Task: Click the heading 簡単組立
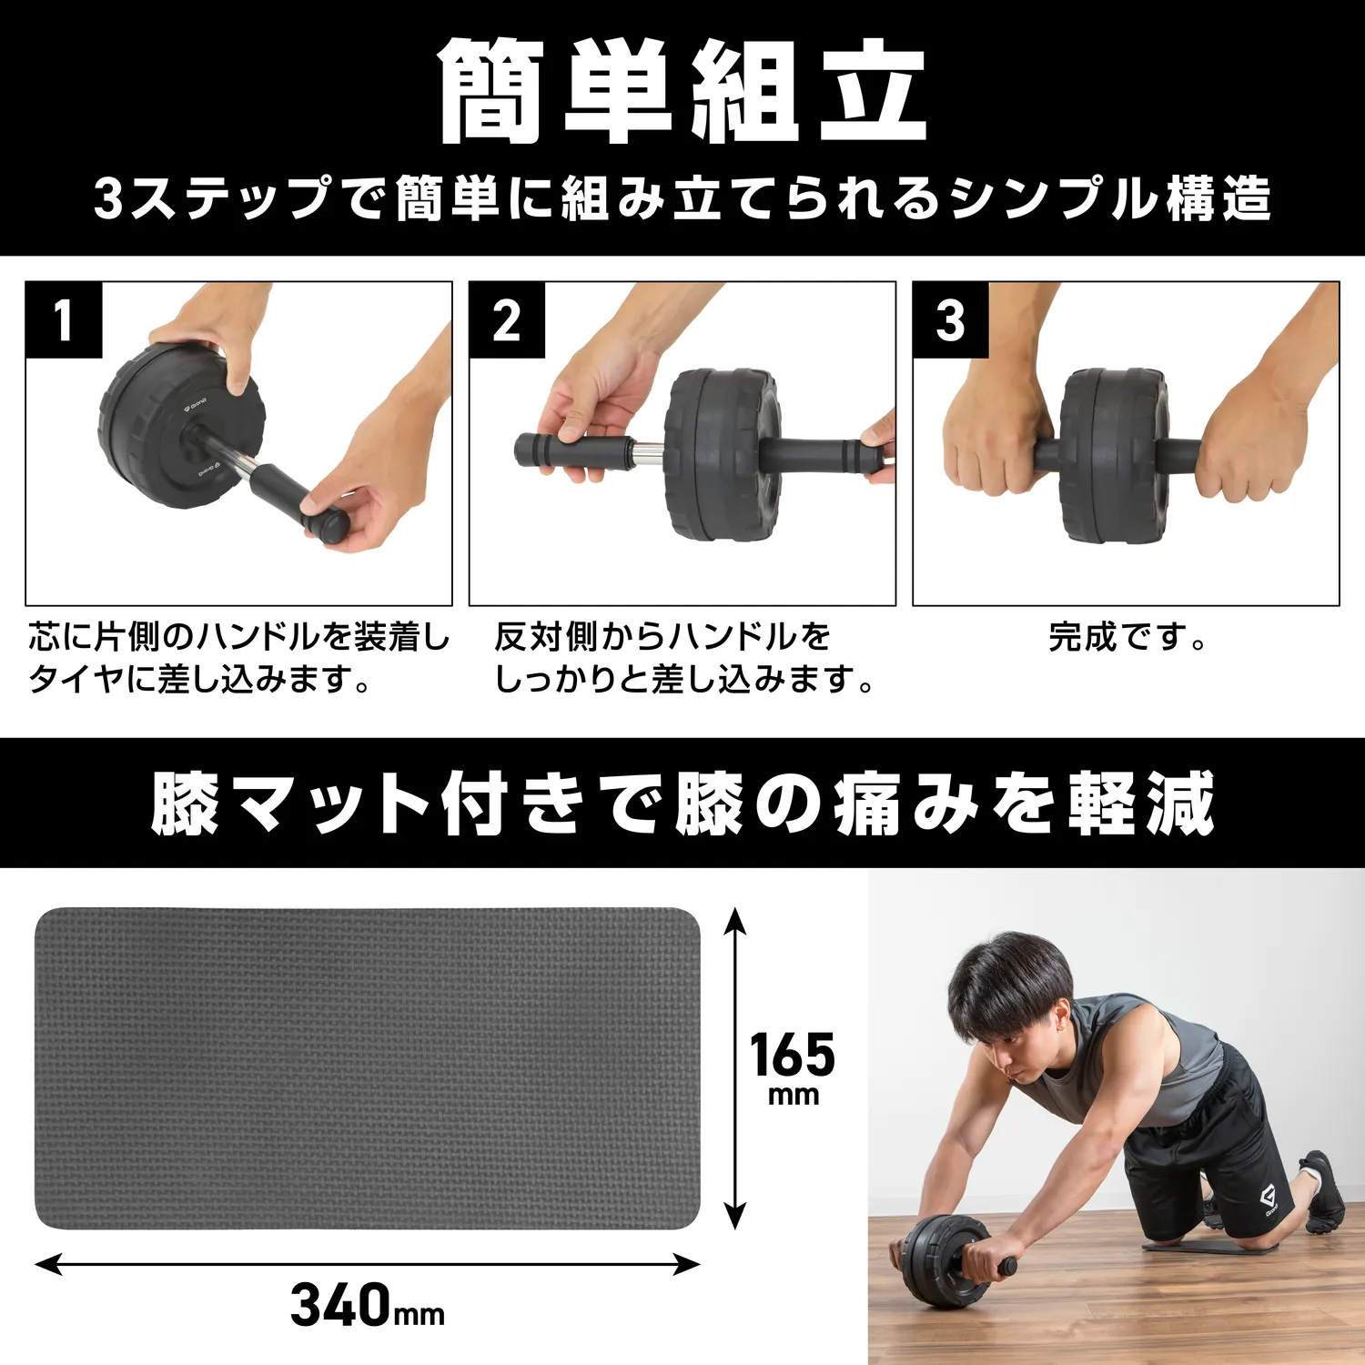[682, 91]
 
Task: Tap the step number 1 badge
[64, 320]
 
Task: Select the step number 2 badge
[507, 320]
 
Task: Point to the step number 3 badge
[951, 320]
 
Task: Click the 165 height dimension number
[793, 1056]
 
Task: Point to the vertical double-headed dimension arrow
[734, 1069]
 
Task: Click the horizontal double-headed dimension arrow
[368, 1264]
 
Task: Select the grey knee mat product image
[368, 1068]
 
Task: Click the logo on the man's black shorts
[1269, 1202]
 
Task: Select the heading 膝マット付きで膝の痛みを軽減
[682, 803]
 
